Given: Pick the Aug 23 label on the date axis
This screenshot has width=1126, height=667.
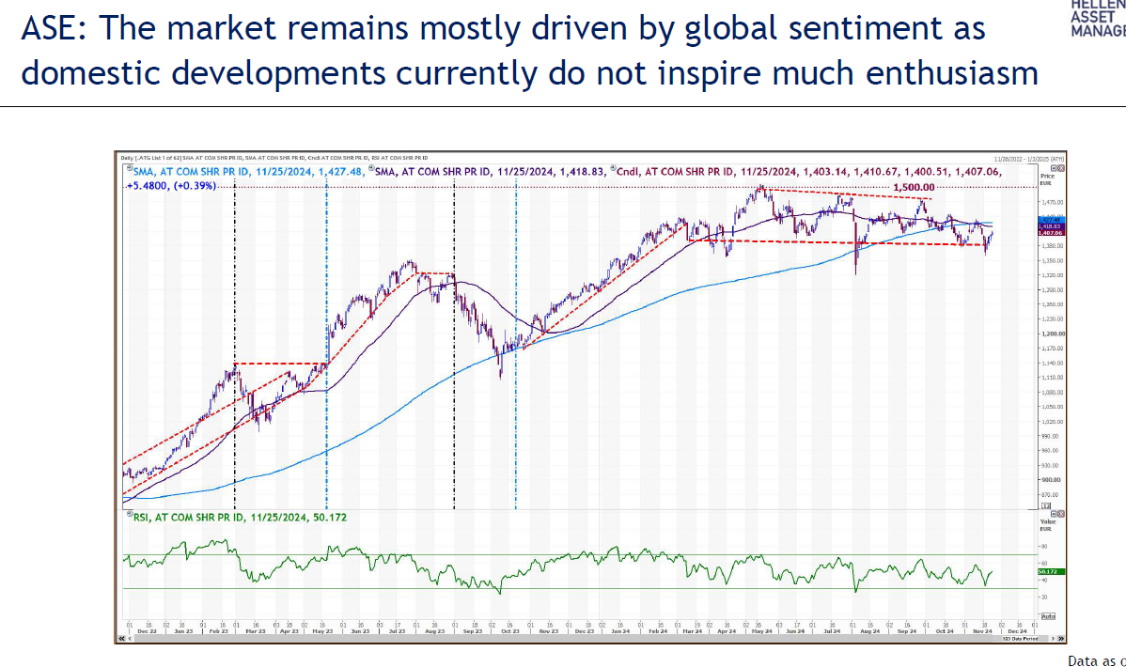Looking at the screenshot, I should [435, 631].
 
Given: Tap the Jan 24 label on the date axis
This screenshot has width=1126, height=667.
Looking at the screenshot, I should [618, 631].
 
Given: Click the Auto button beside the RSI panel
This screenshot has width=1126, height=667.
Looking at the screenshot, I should [1048, 616].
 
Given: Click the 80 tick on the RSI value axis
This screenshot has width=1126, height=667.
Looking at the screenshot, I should [1041, 546].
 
